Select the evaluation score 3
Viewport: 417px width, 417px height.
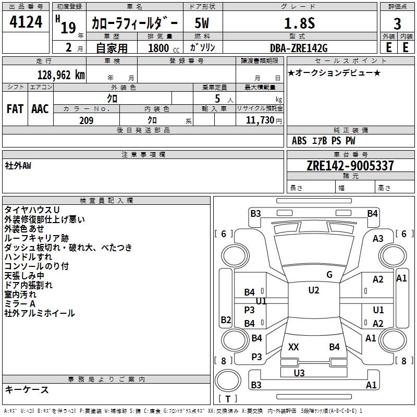397,23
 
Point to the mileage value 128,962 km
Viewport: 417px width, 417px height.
62,74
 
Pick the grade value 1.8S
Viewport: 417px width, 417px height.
299,23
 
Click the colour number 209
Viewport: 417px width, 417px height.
87,120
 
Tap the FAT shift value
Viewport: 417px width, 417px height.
15,109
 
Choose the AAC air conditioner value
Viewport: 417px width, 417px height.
40,109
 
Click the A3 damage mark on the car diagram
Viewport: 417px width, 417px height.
378,239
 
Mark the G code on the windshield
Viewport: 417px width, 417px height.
329,275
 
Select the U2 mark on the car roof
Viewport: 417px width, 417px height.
313,290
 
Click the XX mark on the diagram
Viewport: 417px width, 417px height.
293,347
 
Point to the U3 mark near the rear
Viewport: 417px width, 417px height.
299,373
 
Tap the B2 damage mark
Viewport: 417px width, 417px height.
226,320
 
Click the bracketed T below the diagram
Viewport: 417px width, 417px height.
228,399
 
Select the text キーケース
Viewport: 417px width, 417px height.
27,389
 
